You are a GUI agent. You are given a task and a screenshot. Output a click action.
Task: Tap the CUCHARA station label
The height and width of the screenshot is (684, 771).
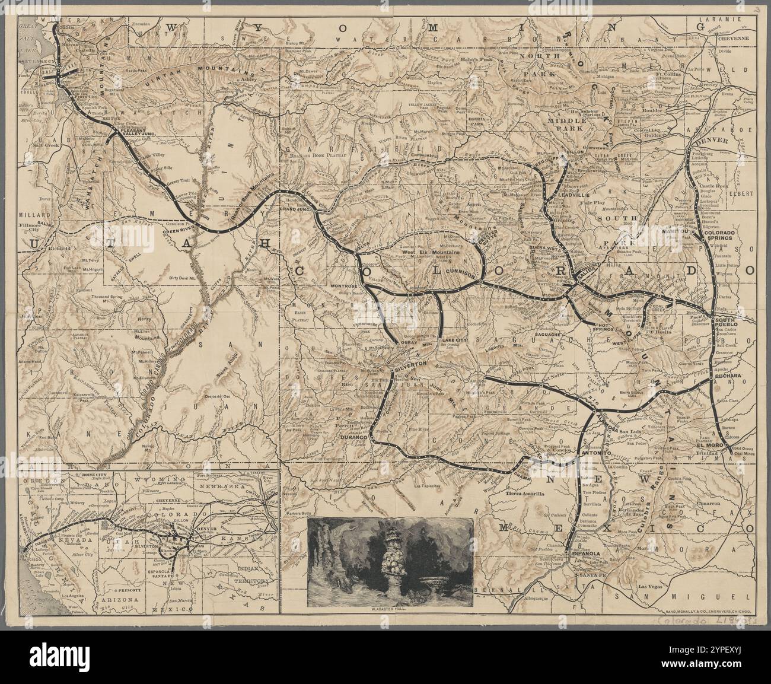tap(726, 376)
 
